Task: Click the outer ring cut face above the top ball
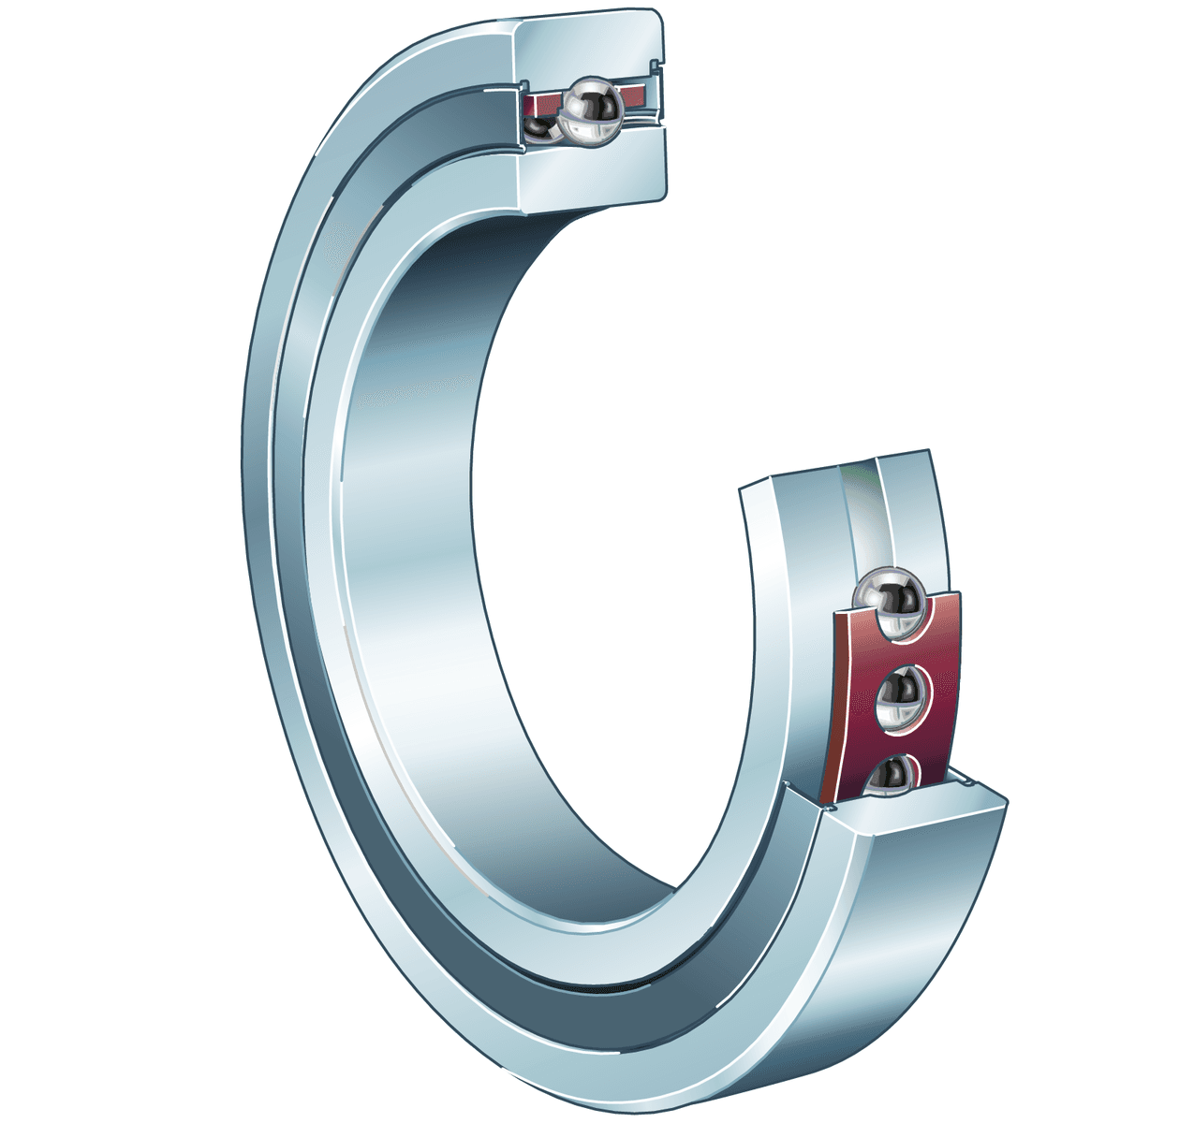(x=590, y=42)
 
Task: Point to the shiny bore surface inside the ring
(x=412, y=561)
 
